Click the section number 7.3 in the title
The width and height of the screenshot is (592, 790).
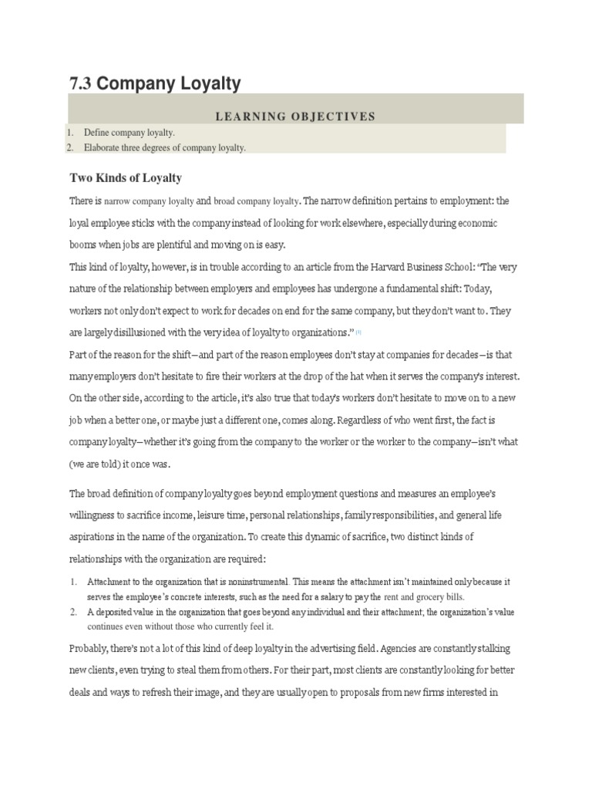(80, 83)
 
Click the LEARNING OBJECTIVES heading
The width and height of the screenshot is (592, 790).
(295, 116)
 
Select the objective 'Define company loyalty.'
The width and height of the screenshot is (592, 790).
(129, 133)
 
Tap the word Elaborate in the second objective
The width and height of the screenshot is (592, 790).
(104, 148)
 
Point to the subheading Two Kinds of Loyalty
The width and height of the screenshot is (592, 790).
(126, 178)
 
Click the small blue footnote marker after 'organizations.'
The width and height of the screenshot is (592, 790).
(358, 333)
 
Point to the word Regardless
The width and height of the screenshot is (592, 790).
(368, 420)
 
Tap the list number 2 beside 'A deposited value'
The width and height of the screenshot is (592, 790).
(72, 612)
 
